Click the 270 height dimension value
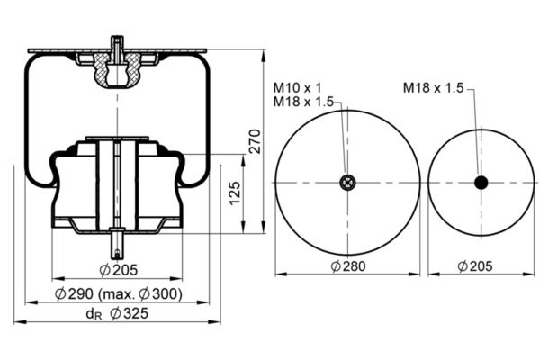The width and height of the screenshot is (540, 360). coord(256,141)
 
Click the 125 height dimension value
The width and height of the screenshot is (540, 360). coord(235,193)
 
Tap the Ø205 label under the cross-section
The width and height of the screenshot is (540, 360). coord(119,270)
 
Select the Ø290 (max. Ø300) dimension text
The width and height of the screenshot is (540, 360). coord(119,294)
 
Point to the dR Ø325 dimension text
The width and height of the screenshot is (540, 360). coord(117,313)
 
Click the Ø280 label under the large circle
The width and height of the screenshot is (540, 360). coord(347,266)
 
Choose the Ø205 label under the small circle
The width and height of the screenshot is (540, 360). coord(475,266)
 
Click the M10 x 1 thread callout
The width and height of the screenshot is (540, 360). coord(297,88)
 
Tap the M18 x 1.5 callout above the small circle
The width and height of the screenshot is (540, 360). coord(434,88)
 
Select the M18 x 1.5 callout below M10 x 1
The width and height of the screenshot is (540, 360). coord(303,102)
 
